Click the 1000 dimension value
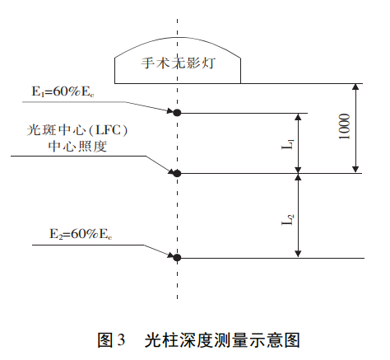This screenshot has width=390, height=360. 344,128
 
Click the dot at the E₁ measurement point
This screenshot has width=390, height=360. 176,112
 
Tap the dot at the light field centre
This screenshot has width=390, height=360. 176,173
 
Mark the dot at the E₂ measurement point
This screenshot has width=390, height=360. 176,258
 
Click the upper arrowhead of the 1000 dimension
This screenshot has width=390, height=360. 355,88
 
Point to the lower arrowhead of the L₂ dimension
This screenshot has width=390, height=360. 298,253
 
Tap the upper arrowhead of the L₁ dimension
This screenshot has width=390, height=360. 298,118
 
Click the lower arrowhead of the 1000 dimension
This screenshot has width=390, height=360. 355,168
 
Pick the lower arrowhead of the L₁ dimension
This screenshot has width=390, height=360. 298,168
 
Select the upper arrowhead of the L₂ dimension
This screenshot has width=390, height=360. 298,179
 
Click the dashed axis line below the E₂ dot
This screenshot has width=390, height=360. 176,284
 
